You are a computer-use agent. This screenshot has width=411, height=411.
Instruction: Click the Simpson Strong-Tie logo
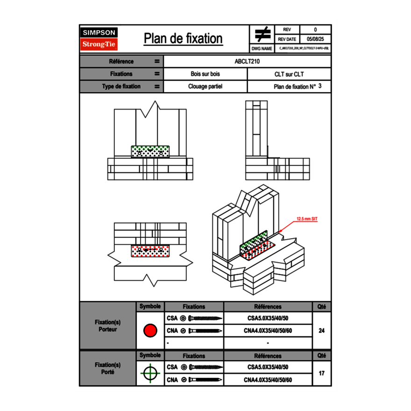[x=99, y=39]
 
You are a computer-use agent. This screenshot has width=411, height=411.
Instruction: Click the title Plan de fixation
[x=183, y=38]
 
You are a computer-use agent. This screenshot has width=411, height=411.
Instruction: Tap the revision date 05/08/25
[x=315, y=39]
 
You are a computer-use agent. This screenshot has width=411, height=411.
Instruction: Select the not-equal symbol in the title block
[x=262, y=34]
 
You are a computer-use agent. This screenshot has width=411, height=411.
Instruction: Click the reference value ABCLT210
[x=247, y=61]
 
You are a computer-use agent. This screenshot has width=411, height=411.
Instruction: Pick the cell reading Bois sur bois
[x=205, y=74]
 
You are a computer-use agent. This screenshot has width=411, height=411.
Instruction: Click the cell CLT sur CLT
[x=289, y=74]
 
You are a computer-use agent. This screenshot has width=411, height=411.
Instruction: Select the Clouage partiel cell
[x=205, y=86]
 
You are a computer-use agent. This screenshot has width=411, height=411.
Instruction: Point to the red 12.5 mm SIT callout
[x=307, y=218]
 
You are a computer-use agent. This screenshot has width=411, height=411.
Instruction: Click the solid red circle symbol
[x=150, y=331]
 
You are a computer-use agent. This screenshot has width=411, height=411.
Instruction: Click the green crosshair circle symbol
[x=150, y=373]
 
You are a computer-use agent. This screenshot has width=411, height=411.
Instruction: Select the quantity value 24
[x=321, y=331]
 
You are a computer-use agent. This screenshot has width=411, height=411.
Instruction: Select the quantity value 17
[x=321, y=373]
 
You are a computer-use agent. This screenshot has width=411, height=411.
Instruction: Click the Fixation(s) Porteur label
[x=107, y=326]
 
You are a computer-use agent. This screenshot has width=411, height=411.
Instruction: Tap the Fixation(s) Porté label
[x=107, y=368]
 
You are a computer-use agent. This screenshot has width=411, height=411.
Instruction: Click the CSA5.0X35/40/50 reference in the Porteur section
[x=268, y=319]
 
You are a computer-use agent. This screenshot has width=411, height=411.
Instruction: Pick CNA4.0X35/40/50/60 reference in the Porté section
[x=268, y=380]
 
